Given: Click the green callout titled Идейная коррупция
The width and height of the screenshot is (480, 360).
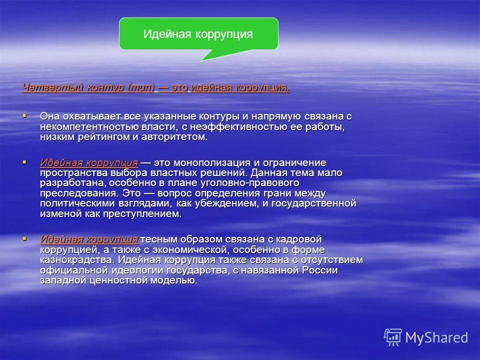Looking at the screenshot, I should point(198,34).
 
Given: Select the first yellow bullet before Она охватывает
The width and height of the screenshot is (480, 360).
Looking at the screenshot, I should point(24,115).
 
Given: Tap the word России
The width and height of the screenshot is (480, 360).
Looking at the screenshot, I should point(319,270).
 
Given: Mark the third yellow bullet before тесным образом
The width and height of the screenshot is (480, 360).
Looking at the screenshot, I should point(24,239).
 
